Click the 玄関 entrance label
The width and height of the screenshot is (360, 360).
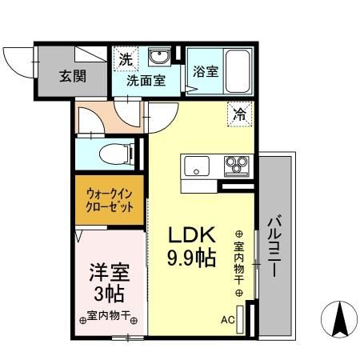[x=71, y=77]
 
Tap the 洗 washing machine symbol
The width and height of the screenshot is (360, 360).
[x=126, y=58]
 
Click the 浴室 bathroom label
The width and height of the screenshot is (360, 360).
[x=206, y=71]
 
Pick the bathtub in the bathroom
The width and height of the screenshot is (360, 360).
[x=239, y=70]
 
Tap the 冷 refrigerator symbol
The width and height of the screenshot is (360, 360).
[x=239, y=114]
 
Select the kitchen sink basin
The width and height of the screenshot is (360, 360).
[x=197, y=167]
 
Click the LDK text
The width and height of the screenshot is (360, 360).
[x=191, y=235]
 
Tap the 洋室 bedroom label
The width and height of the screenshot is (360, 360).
[x=106, y=271]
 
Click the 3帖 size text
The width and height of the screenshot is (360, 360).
[x=106, y=294]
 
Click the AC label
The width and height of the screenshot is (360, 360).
[x=227, y=322]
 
